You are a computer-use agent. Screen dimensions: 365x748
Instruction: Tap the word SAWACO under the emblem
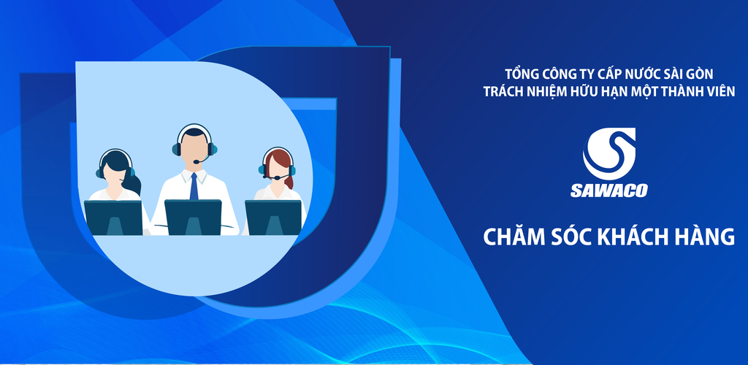coord(608,191)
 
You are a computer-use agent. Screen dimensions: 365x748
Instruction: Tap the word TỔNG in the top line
coord(522,74)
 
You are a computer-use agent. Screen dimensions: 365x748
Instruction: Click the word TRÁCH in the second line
coord(504,91)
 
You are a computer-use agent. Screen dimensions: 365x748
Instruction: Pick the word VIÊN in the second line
coord(719,91)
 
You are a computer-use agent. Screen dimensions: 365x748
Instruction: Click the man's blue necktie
coord(194,187)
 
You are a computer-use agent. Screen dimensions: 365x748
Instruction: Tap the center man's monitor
coord(193,216)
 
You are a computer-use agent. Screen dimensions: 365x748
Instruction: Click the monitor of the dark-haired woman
coord(113,217)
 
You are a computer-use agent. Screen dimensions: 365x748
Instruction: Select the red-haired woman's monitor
coord(273,217)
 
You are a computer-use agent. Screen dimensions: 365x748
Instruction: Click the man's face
coord(194,150)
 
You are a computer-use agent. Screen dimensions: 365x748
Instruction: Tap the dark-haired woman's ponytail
coord(131,182)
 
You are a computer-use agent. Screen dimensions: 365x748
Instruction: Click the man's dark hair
coord(194,133)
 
